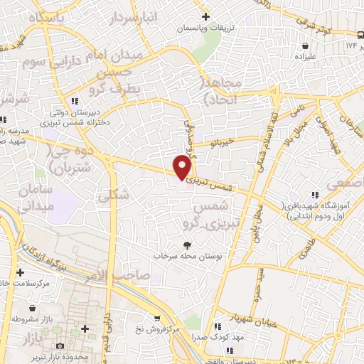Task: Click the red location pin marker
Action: click(183, 167)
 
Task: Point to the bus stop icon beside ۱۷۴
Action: click(360, 34)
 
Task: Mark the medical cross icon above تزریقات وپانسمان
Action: click(206, 16)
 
